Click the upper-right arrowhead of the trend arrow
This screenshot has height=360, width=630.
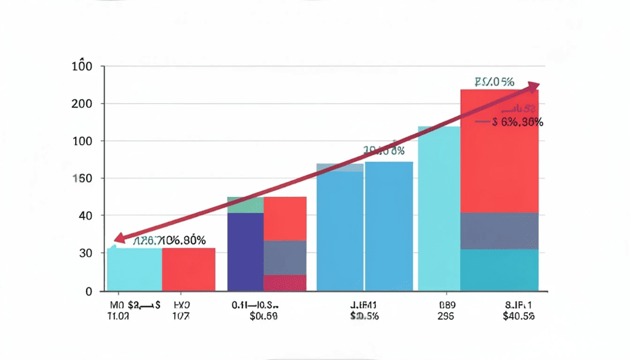[533, 86]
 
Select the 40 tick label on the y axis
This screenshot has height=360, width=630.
[85, 216]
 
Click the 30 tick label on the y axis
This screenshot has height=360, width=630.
[85, 254]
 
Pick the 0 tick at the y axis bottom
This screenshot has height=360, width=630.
[89, 290]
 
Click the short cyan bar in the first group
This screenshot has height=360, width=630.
[134, 269]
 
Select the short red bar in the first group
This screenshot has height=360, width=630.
[188, 269]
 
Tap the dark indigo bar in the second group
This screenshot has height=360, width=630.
[245, 251]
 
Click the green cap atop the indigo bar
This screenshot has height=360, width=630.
[245, 205]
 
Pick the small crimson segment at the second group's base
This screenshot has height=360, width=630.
[285, 282]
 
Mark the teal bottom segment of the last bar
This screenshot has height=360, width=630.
[500, 270]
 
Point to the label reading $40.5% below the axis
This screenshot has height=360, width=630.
[519, 316]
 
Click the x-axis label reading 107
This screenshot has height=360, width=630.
[181, 316]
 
